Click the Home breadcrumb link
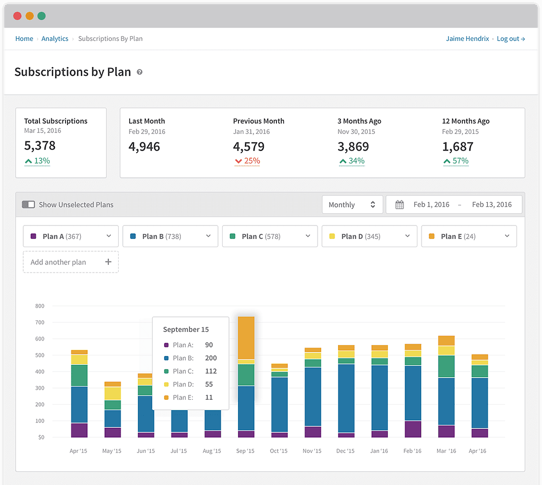click(x=24, y=39)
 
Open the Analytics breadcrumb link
click(x=55, y=39)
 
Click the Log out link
click(x=510, y=39)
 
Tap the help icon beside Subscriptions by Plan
click(x=139, y=72)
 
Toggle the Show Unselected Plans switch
click(x=29, y=204)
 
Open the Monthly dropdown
click(x=352, y=205)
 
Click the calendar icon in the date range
click(x=400, y=205)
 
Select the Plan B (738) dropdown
click(x=170, y=236)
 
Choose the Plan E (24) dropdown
click(x=469, y=236)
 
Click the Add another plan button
click(x=70, y=262)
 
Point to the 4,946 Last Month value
click(x=144, y=146)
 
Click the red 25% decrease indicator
click(x=247, y=161)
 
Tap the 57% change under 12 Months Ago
click(x=456, y=161)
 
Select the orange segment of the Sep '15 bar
click(x=246, y=338)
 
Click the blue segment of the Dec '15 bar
click(x=346, y=398)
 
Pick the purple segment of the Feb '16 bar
click(x=413, y=429)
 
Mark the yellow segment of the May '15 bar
click(x=112, y=393)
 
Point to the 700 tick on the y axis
click(x=39, y=323)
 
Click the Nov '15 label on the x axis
click(x=312, y=451)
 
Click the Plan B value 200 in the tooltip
click(x=210, y=358)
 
